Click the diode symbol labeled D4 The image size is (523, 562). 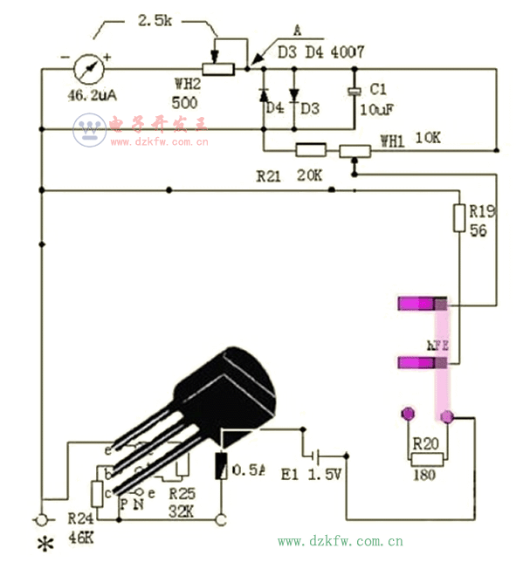point(263,94)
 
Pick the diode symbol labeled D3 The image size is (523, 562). point(293,93)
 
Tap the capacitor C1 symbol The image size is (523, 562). point(354,92)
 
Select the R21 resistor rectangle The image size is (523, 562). point(311,149)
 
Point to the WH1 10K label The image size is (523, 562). point(410,139)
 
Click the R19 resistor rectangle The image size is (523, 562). point(459,217)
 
